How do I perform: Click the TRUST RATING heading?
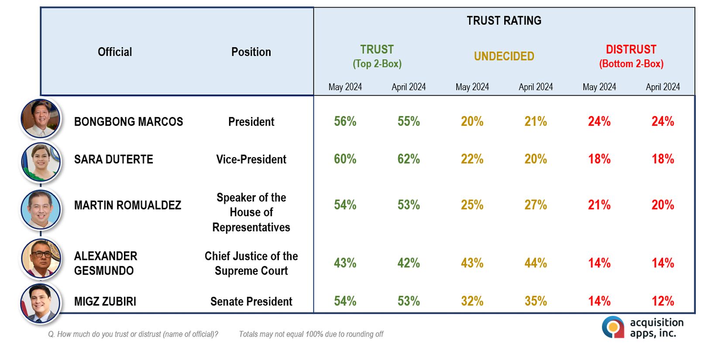504,21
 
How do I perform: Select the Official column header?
115,52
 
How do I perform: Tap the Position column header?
251,52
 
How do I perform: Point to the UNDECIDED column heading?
504,56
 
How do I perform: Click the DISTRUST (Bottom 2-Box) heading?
631,56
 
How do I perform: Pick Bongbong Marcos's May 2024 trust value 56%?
345,121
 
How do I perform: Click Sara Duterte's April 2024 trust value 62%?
409,159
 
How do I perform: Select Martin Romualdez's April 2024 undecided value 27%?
536,205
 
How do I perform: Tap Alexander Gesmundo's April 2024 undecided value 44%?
536,263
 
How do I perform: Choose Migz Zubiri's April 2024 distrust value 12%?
663,302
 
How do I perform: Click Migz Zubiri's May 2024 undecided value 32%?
472,302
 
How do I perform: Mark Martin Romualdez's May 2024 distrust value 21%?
599,205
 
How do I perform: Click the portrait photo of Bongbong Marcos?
40,119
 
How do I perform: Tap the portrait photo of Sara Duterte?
41,162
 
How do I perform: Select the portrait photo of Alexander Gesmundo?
41,259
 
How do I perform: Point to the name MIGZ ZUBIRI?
105,302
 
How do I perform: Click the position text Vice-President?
251,159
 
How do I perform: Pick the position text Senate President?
251,302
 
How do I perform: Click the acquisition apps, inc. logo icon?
613,327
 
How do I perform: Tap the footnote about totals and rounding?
311,334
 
